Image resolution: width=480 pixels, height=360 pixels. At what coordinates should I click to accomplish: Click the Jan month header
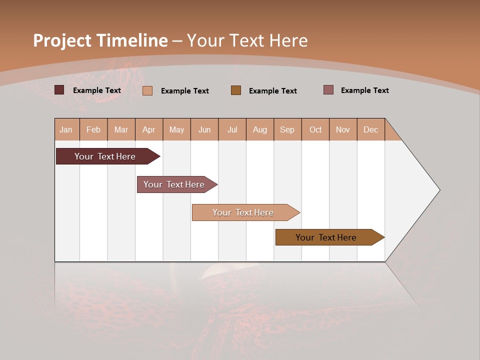coord(66,129)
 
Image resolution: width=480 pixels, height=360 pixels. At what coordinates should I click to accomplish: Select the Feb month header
coord(93,129)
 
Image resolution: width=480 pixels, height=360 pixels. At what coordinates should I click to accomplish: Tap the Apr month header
coord(148,129)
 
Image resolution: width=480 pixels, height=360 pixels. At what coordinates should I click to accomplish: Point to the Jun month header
coord(204,129)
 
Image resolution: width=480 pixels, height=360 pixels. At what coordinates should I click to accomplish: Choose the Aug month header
coord(259,129)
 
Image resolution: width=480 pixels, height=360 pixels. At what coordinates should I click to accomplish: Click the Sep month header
coord(287,129)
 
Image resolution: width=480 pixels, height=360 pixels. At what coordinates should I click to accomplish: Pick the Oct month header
coord(315,129)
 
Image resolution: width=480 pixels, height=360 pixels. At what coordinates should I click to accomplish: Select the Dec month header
coord(370,129)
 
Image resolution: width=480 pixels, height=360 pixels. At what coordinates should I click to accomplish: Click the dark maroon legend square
coord(59,90)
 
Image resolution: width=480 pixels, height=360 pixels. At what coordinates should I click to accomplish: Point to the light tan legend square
coord(147,90)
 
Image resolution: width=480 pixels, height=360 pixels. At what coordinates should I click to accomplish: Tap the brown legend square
coord(236,90)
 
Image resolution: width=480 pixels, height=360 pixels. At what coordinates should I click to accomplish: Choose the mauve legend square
coord(328,90)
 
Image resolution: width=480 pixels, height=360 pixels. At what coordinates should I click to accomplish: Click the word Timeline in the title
coord(132,40)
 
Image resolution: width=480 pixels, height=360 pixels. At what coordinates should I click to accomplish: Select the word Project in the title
coord(62,40)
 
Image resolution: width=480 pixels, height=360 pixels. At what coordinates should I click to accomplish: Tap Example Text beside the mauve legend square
coord(364,90)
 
